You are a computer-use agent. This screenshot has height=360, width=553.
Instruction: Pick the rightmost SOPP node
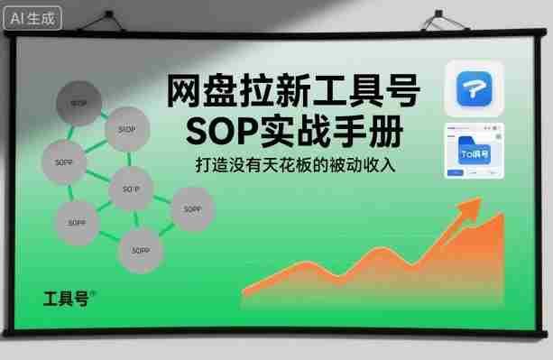[x=191, y=208]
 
